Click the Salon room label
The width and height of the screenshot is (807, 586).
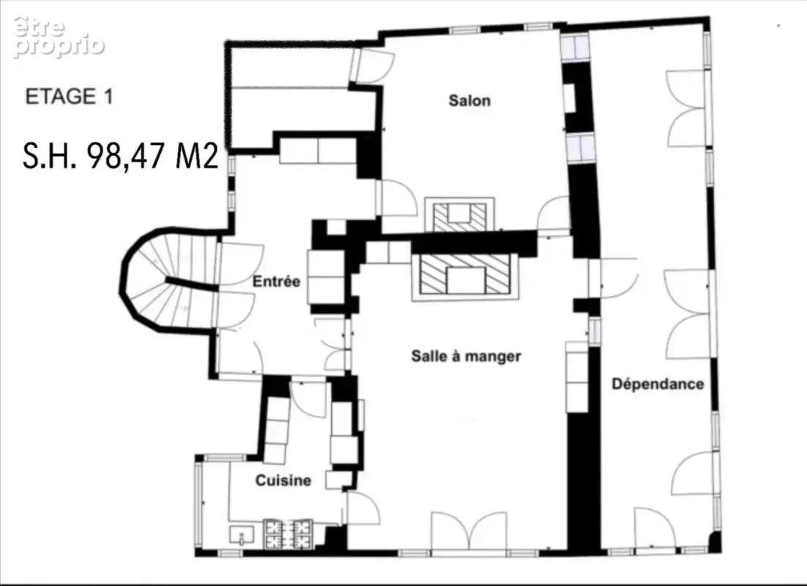point(469,100)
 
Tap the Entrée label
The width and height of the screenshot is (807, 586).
point(276,282)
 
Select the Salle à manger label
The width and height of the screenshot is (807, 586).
point(466,356)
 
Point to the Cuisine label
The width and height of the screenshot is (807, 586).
point(283,481)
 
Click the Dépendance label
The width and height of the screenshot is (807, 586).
point(658,384)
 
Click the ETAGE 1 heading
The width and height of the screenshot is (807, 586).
point(69,97)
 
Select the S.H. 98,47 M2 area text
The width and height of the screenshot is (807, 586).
point(121,155)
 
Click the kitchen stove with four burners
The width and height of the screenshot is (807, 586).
point(289,534)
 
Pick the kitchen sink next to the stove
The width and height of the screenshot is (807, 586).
point(242,535)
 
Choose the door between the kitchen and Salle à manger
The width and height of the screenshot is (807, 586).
point(363,508)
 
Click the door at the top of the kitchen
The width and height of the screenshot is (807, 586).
point(308,399)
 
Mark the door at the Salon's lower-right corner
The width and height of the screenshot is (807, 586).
point(554,216)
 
